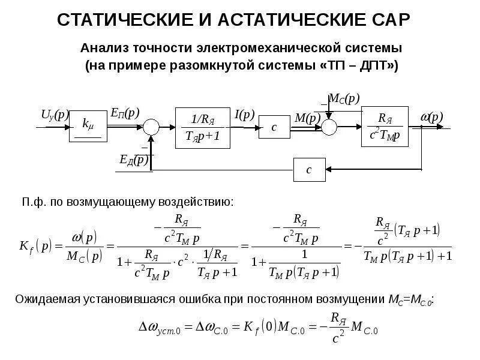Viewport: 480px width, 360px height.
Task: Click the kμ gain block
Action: tap(88, 125)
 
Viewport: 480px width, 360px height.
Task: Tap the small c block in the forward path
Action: tap(274, 127)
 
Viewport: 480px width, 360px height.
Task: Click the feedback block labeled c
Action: tap(309, 170)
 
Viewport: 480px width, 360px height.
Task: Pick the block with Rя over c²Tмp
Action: tap(385, 127)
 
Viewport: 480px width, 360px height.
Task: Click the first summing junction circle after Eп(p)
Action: tap(151, 127)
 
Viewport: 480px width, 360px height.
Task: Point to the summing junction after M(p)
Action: tap(329, 127)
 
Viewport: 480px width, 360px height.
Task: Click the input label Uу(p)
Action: tap(55, 115)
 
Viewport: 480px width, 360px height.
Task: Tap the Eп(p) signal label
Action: tap(125, 113)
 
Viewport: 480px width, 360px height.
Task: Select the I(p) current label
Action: tap(244, 114)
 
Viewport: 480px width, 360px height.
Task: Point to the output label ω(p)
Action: tap(431, 116)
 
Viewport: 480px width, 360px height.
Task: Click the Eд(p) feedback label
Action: tap(134, 160)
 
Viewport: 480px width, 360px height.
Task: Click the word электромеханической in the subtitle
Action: tap(284, 46)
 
